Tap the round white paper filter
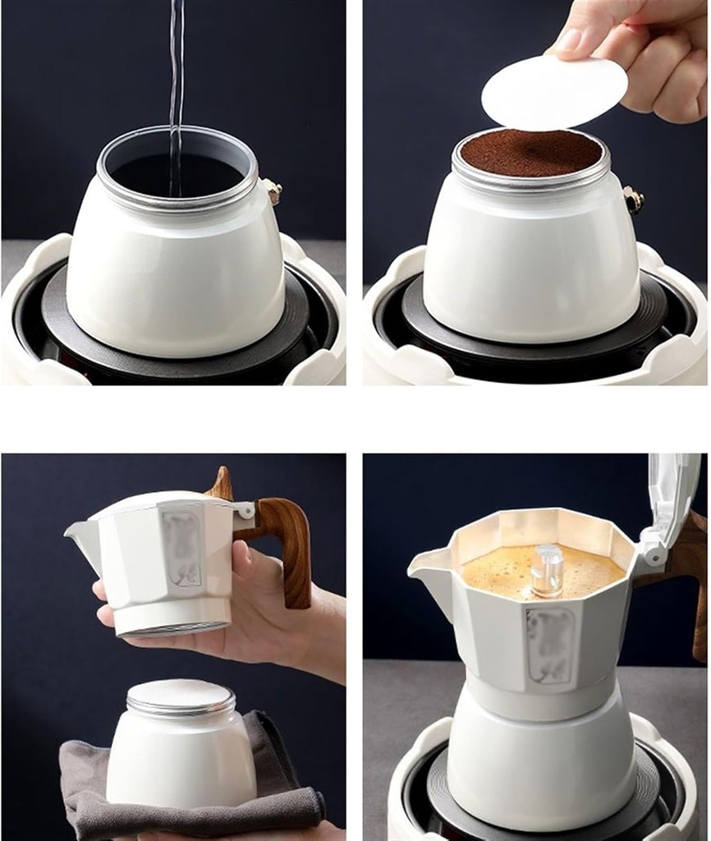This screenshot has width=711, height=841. pos(554,92)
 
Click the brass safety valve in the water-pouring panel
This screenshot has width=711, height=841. pos(273,192)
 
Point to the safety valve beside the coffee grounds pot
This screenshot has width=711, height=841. pos(632,200)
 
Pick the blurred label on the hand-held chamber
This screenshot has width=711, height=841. pos(181,549)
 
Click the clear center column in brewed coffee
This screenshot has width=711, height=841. pos(548,569)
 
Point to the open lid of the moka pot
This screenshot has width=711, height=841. pos(673,501)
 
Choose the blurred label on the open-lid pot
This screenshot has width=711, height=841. pos(549,645)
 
